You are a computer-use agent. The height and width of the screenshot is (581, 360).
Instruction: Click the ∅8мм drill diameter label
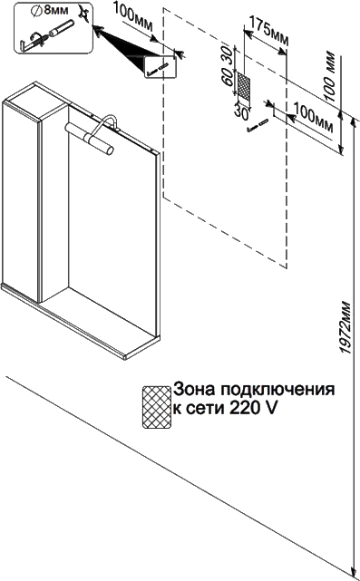50,11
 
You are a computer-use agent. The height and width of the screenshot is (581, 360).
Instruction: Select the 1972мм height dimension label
345,327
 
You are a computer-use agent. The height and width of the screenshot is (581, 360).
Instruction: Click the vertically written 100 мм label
329,78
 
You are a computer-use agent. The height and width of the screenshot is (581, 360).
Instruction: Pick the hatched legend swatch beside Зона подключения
157,407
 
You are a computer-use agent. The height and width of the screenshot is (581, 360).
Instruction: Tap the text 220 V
253,409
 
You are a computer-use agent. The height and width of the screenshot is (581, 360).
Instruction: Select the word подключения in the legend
277,391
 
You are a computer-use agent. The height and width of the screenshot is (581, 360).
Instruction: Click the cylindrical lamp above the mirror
89,138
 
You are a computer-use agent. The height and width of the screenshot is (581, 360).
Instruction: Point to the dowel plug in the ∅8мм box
61,29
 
